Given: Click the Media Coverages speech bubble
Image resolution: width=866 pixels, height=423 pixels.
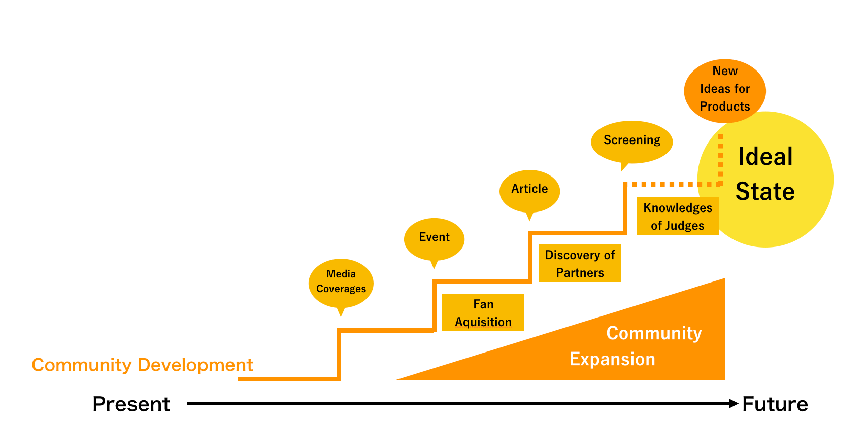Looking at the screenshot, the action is [x=341, y=284].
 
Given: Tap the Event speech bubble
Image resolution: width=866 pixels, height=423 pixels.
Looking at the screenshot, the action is [x=434, y=239].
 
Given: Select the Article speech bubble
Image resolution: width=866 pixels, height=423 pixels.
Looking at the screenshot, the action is [x=529, y=191].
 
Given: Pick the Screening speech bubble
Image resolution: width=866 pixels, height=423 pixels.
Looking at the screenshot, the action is [x=631, y=142].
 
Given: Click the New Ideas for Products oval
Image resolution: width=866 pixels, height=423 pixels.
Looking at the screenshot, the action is [x=725, y=91].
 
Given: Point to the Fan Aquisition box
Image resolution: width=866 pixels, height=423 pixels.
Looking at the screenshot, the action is [x=483, y=312].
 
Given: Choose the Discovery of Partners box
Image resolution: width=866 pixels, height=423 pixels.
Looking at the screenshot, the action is [x=580, y=263].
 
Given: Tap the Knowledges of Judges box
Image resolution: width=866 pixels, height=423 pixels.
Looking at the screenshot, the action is [x=678, y=216].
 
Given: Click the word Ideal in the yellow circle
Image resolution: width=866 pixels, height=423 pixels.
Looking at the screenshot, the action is [x=765, y=156].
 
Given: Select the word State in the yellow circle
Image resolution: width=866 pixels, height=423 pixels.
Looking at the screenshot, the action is [x=765, y=191].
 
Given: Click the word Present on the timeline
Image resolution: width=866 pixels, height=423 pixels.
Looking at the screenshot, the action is [x=131, y=404].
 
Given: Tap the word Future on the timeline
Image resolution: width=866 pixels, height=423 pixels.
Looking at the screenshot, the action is [x=775, y=404].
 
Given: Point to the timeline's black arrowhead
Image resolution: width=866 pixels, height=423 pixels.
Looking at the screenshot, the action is [x=734, y=403].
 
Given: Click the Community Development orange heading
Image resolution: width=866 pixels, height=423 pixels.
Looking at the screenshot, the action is [x=142, y=365].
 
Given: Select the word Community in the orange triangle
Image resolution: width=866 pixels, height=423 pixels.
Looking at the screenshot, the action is [x=654, y=333].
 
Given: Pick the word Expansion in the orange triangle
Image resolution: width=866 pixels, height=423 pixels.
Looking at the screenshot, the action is [x=612, y=359].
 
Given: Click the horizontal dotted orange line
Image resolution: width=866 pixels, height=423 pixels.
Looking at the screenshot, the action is [x=673, y=185].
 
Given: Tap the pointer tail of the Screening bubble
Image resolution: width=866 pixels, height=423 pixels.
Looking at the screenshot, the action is [x=623, y=167].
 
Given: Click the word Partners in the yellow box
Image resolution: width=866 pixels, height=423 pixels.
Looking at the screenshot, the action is [x=580, y=273].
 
